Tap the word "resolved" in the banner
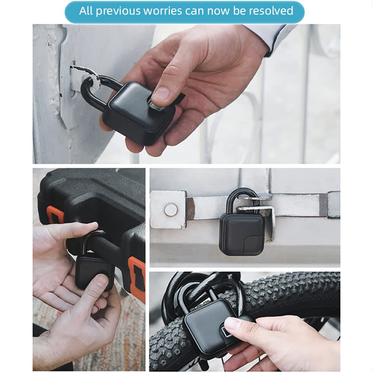tap(271, 11)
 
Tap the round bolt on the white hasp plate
tap(171, 210)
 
